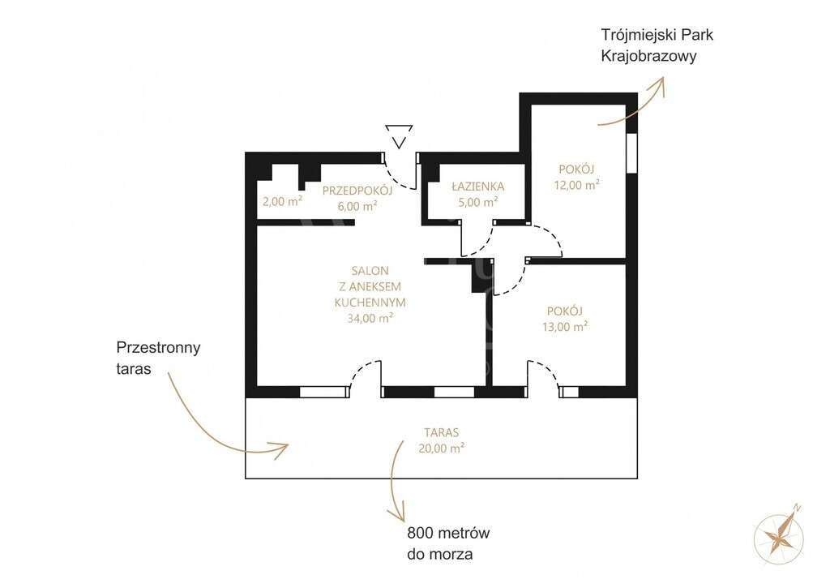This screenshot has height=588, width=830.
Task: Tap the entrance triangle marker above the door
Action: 399,135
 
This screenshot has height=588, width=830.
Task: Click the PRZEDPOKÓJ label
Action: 357,191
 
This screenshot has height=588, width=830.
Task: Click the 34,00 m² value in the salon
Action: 370,318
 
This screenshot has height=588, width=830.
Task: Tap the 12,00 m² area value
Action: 576,184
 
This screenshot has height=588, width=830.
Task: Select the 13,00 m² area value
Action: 565,327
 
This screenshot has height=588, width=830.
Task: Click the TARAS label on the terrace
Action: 440,433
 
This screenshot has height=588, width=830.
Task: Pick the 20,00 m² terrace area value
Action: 440,448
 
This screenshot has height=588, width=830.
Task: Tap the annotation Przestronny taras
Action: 158,357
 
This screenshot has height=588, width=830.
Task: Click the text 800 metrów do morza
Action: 448,544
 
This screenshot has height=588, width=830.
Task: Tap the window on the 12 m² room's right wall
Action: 631,152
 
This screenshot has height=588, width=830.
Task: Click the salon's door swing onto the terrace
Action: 366,376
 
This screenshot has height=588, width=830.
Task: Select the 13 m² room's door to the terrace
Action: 544,377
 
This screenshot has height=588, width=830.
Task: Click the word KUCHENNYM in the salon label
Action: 370,302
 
